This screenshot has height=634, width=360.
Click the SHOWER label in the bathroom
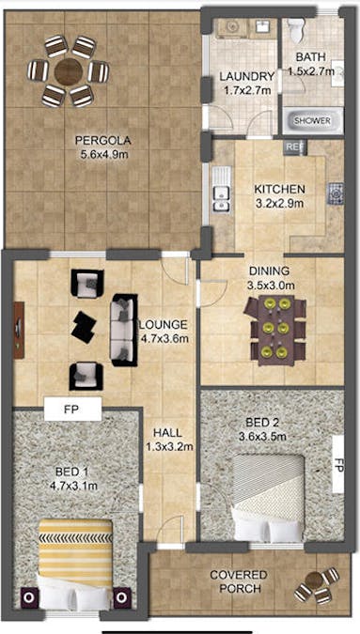(x=312, y=120)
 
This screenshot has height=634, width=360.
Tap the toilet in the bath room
(x=296, y=29)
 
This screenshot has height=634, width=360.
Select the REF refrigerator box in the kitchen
(x=296, y=147)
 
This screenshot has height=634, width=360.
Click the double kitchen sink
(x=222, y=189)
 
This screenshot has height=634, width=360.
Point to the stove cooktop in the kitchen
(x=336, y=193)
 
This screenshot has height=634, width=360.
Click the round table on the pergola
(x=68, y=72)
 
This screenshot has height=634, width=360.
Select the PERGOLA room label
(x=103, y=141)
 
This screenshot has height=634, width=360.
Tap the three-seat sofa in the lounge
(x=124, y=330)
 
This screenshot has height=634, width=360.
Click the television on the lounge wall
(x=19, y=330)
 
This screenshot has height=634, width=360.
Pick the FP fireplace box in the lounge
(x=72, y=409)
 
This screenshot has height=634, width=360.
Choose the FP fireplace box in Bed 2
(x=338, y=464)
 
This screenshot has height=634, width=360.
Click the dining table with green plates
(x=275, y=331)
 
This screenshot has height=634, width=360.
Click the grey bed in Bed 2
(x=269, y=498)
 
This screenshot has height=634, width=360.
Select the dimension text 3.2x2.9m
(x=279, y=204)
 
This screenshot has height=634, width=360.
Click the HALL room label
(x=167, y=433)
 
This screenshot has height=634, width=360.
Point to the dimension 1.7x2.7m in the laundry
(x=248, y=90)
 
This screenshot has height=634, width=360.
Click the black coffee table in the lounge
(x=84, y=328)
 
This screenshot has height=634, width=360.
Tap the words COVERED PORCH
(x=238, y=581)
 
